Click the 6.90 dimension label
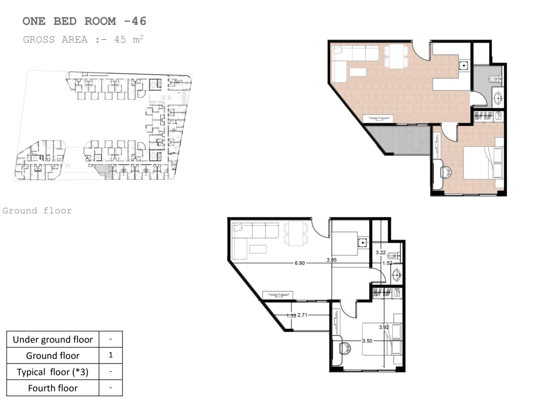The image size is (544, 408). (x=300, y=263)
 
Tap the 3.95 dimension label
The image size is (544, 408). (x=331, y=260)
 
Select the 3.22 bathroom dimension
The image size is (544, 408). (x=380, y=252)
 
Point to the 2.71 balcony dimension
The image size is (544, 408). (x=302, y=315)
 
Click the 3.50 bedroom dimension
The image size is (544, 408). (x=367, y=341)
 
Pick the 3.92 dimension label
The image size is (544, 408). (x=384, y=327)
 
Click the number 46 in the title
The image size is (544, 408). (x=139, y=21)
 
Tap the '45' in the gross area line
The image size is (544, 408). (x=120, y=40)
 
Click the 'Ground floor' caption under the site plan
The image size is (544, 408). (x=37, y=210)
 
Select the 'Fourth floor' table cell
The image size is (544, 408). (x=53, y=388)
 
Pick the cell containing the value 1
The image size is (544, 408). (x=111, y=355)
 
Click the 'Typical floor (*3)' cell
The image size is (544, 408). (x=53, y=372)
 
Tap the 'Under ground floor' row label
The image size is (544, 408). (x=53, y=339)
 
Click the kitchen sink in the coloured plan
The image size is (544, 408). (x=463, y=66)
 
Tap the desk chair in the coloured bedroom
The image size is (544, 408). (x=446, y=172)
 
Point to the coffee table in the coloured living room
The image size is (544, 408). (x=358, y=72)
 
